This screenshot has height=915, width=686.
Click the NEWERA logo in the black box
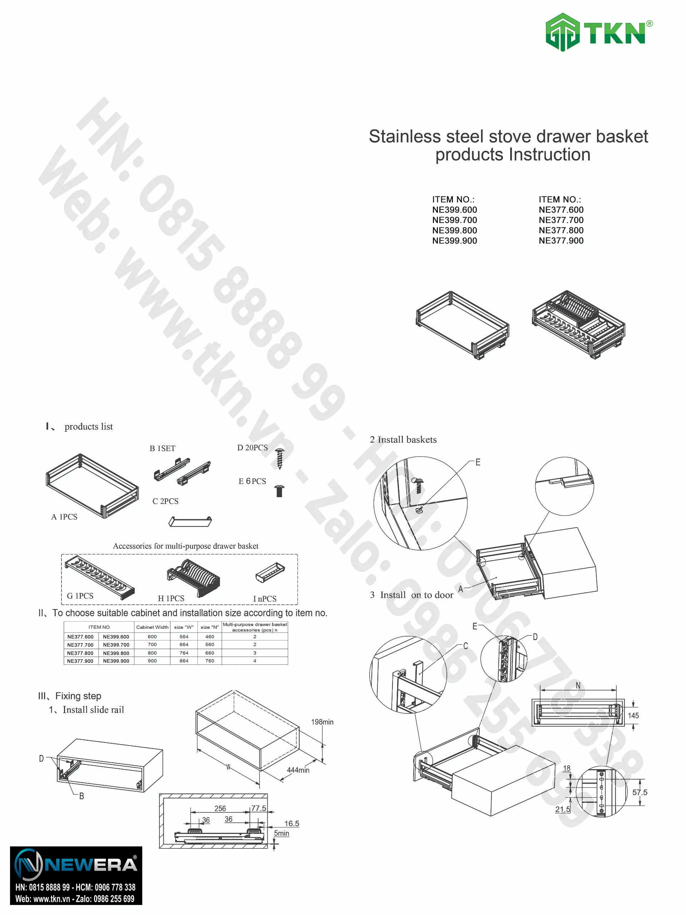(76, 865)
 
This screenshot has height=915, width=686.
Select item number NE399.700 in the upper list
(454, 220)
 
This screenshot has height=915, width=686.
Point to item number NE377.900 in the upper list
(561, 241)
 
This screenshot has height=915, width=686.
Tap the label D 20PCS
(252, 447)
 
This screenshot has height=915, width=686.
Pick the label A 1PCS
(64, 516)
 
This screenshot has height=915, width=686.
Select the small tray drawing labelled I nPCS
(270, 573)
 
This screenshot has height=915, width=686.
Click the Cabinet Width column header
(152, 627)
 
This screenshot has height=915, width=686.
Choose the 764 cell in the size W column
(184, 653)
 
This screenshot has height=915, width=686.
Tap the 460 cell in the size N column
(210, 637)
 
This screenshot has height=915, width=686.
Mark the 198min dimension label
(322, 722)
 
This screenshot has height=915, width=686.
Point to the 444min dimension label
(298, 770)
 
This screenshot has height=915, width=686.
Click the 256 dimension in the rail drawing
(220, 808)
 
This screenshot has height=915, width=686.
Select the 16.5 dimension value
(292, 823)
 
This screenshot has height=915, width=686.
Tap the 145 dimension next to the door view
(633, 716)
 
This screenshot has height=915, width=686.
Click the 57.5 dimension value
(640, 792)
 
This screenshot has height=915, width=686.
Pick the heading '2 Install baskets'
(403, 439)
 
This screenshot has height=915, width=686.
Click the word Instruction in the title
(549, 155)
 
